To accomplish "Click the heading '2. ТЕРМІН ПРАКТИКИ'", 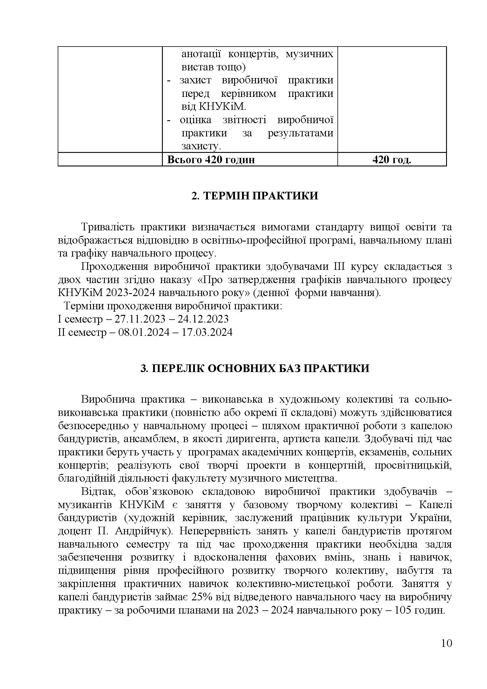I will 255,196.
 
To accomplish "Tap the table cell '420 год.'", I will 392,160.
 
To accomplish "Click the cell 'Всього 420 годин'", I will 211,160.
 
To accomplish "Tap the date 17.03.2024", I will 207,333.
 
